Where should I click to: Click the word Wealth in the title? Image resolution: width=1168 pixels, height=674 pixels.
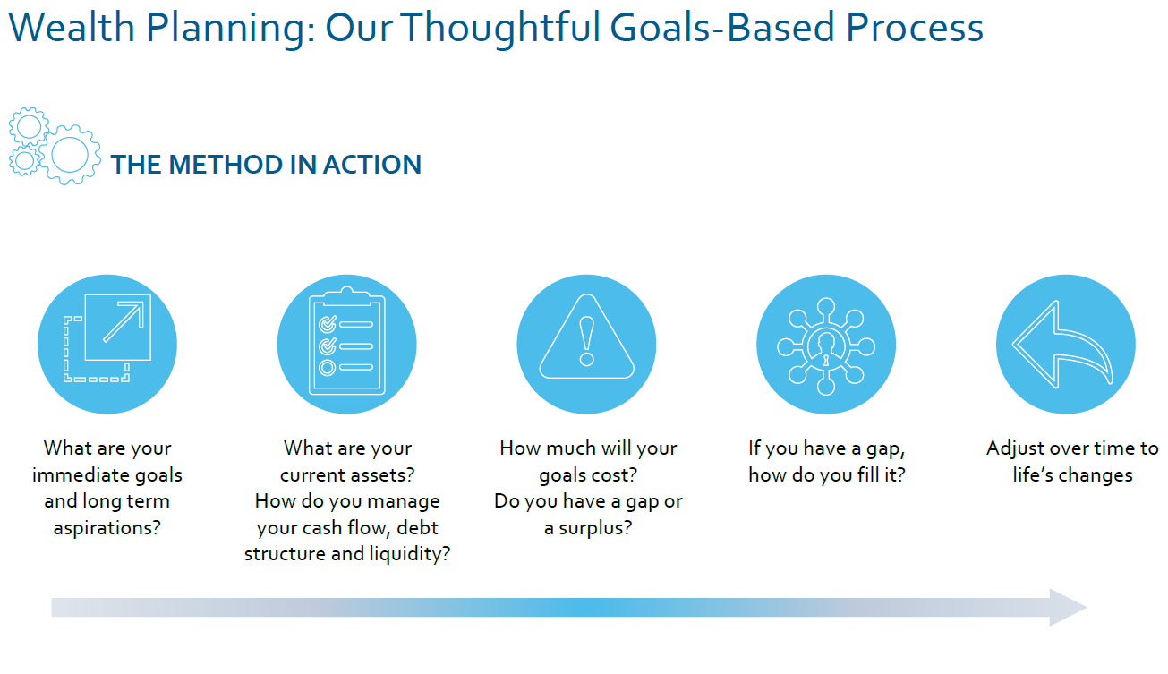click(x=72, y=27)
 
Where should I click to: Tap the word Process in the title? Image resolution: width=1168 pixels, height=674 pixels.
click(x=915, y=27)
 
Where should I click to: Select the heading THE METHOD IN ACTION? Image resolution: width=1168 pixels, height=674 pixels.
click(x=266, y=165)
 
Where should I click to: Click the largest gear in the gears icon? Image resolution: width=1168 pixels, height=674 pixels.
click(x=70, y=155)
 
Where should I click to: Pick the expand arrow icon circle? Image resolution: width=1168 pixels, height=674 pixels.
click(x=107, y=344)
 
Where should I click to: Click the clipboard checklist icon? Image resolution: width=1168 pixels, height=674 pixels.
click(x=346, y=341)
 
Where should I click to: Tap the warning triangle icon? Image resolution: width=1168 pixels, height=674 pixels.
click(x=586, y=337)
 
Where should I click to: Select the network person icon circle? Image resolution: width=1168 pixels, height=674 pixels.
click(x=826, y=344)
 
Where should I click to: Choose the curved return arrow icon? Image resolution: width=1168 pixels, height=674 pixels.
click(x=1062, y=344)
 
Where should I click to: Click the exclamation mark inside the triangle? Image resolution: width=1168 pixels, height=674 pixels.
click(x=586, y=341)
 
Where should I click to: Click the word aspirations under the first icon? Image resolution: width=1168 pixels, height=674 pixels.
click(x=107, y=528)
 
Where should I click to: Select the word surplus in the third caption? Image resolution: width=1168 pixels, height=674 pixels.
click(x=595, y=528)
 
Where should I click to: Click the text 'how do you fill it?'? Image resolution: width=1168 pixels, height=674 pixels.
click(x=827, y=475)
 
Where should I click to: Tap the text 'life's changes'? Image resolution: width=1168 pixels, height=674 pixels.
click(x=1072, y=475)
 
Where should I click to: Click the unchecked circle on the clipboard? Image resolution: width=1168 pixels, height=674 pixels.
click(x=328, y=368)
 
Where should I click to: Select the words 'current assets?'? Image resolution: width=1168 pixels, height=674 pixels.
click(x=347, y=475)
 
